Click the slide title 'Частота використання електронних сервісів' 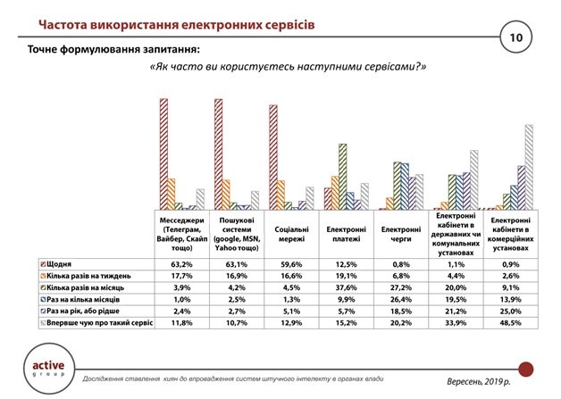pos(177,25)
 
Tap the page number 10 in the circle pos(516,37)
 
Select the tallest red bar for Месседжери pos(163,154)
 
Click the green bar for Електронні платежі pos(343,177)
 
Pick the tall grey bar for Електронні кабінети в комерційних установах pos(529,167)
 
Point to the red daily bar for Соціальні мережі pos(273,157)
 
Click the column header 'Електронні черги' pos(401,234)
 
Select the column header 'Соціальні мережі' pos(291,234)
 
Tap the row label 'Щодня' pos(59,264)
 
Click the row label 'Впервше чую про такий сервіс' pos(100,323)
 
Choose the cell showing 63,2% pos(181,264)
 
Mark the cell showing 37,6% pos(346,287)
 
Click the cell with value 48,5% pos(511,323)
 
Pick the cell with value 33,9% pos(456,323)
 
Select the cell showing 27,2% pos(401,287)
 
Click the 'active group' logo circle pos(49,369)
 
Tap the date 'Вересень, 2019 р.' pos(479,381)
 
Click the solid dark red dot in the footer pos(526,370)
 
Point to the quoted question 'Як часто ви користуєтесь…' pos(288,67)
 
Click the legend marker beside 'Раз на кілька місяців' pos(43,300)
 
